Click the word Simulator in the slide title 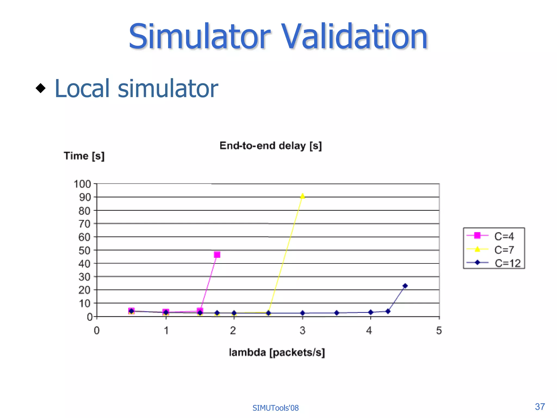tap(200, 37)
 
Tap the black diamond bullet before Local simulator tap(41, 88)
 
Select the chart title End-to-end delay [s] tap(271, 146)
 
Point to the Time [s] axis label tap(84, 156)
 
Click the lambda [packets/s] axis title tap(277, 352)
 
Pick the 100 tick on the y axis tap(82, 184)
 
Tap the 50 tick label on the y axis tap(84, 250)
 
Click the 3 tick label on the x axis tap(302, 330)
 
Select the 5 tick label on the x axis tap(439, 330)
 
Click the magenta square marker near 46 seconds tap(217, 255)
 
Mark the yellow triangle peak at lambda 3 tap(302, 196)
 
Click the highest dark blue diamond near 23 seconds tap(405, 286)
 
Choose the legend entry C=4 tap(504, 236)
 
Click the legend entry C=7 tap(504, 250)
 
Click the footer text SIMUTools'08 tap(276, 408)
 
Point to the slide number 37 tap(540, 407)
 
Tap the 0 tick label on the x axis tap(97, 330)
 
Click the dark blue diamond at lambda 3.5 tap(337, 313)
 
